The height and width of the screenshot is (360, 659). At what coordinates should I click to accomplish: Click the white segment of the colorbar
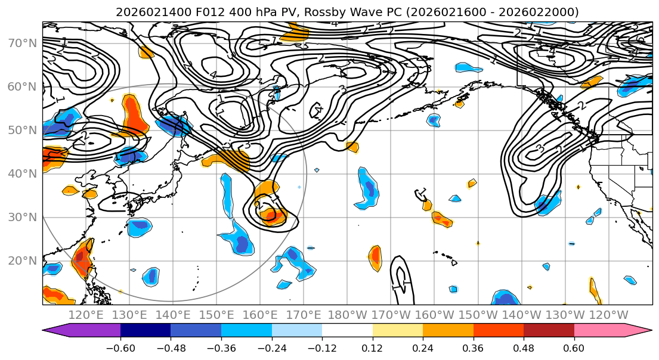[347, 330]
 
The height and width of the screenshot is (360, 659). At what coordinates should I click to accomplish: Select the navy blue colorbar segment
[146, 330]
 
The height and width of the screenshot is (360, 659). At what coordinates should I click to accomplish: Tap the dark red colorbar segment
[549, 330]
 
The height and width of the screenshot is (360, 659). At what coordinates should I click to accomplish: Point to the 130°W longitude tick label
[565, 315]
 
